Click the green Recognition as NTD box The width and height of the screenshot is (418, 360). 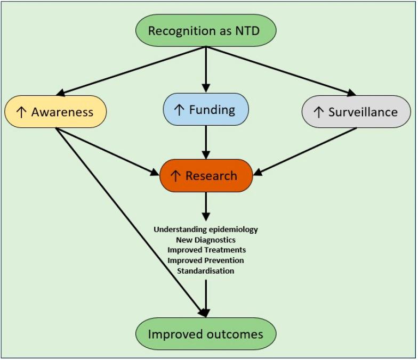click(x=205, y=30)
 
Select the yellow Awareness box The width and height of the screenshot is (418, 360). click(x=55, y=112)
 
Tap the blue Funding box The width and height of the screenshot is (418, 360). click(x=205, y=110)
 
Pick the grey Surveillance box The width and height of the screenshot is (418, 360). click(x=356, y=112)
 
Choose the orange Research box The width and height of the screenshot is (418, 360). click(x=205, y=176)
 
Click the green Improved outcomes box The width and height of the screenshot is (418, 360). click(x=205, y=334)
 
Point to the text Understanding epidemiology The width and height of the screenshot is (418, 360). click(x=205, y=230)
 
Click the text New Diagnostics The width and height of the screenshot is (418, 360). click(x=205, y=240)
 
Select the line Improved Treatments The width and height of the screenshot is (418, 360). click(x=206, y=250)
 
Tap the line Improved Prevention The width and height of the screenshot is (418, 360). click(x=205, y=260)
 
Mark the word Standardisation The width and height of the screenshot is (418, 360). click(x=205, y=271)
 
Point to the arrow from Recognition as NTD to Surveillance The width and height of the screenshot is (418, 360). click(x=277, y=70)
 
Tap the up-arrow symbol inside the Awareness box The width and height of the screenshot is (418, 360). click(x=22, y=112)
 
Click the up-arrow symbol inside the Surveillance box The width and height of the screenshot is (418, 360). click(x=319, y=112)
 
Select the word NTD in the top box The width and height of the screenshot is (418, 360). click(x=248, y=30)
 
